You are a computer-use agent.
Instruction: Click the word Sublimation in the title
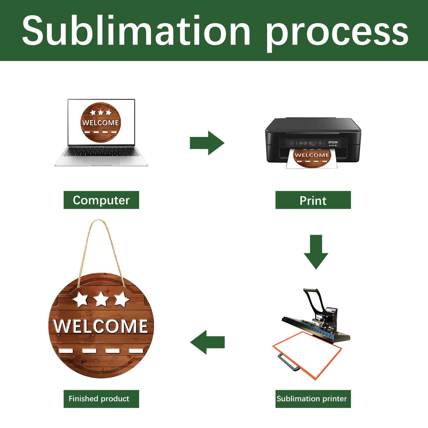(136, 31)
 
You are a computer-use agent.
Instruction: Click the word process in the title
(337, 32)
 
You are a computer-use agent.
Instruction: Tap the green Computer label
(101, 200)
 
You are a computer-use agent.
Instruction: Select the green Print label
(313, 200)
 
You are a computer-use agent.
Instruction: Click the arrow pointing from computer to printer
(207, 143)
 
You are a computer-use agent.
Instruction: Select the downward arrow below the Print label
(316, 252)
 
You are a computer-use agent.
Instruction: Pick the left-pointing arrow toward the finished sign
(207, 342)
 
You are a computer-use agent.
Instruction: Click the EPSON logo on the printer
(333, 142)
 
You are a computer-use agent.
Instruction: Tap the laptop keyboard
(100, 152)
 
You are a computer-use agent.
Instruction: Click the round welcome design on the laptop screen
(101, 122)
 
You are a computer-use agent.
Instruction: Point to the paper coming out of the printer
(312, 159)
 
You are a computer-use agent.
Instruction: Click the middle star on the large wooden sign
(101, 299)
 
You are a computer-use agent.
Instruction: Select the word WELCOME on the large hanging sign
(101, 326)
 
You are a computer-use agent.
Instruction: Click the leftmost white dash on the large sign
(66, 350)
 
